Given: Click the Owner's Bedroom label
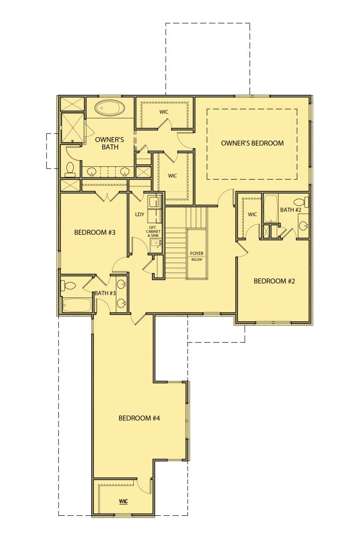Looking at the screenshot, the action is [x=252, y=143].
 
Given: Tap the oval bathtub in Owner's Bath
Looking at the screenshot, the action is [x=110, y=108].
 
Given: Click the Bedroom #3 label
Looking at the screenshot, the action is [x=95, y=232].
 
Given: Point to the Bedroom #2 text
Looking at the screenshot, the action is [x=275, y=280].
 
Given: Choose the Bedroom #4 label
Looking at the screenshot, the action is [x=139, y=418].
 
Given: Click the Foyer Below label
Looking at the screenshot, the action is [x=196, y=257].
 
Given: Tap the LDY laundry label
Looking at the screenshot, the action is [x=140, y=215].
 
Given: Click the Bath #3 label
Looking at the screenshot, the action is [x=105, y=293].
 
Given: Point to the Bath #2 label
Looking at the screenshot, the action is [x=290, y=209].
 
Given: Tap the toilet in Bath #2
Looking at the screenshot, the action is [x=301, y=201].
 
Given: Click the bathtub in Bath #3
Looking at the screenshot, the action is [x=77, y=305].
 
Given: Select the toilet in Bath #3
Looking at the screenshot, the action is [x=68, y=285].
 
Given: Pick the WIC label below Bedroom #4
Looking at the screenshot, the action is [x=123, y=501].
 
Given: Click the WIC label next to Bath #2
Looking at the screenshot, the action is [x=253, y=215].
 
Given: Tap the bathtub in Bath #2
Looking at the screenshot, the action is [x=270, y=208].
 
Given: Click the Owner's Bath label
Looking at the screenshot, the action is [x=109, y=143].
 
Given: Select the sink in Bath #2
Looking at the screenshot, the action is [x=303, y=226].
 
